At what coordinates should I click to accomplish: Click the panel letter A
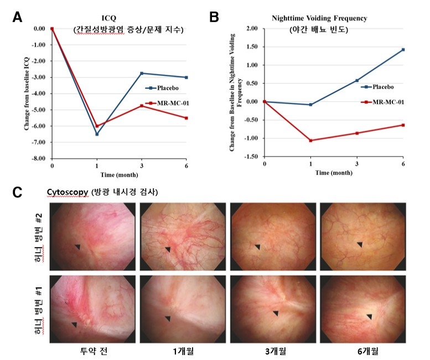tap(18, 17)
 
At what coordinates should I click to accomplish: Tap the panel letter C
tap(18, 193)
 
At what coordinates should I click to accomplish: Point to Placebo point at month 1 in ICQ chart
tap(97, 134)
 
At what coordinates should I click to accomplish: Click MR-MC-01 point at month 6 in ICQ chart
tap(186, 118)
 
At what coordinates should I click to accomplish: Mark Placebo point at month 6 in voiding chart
tap(403, 50)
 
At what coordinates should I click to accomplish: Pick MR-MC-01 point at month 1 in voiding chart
tap(311, 141)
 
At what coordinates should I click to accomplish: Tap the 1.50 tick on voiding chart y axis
tap(252, 47)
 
